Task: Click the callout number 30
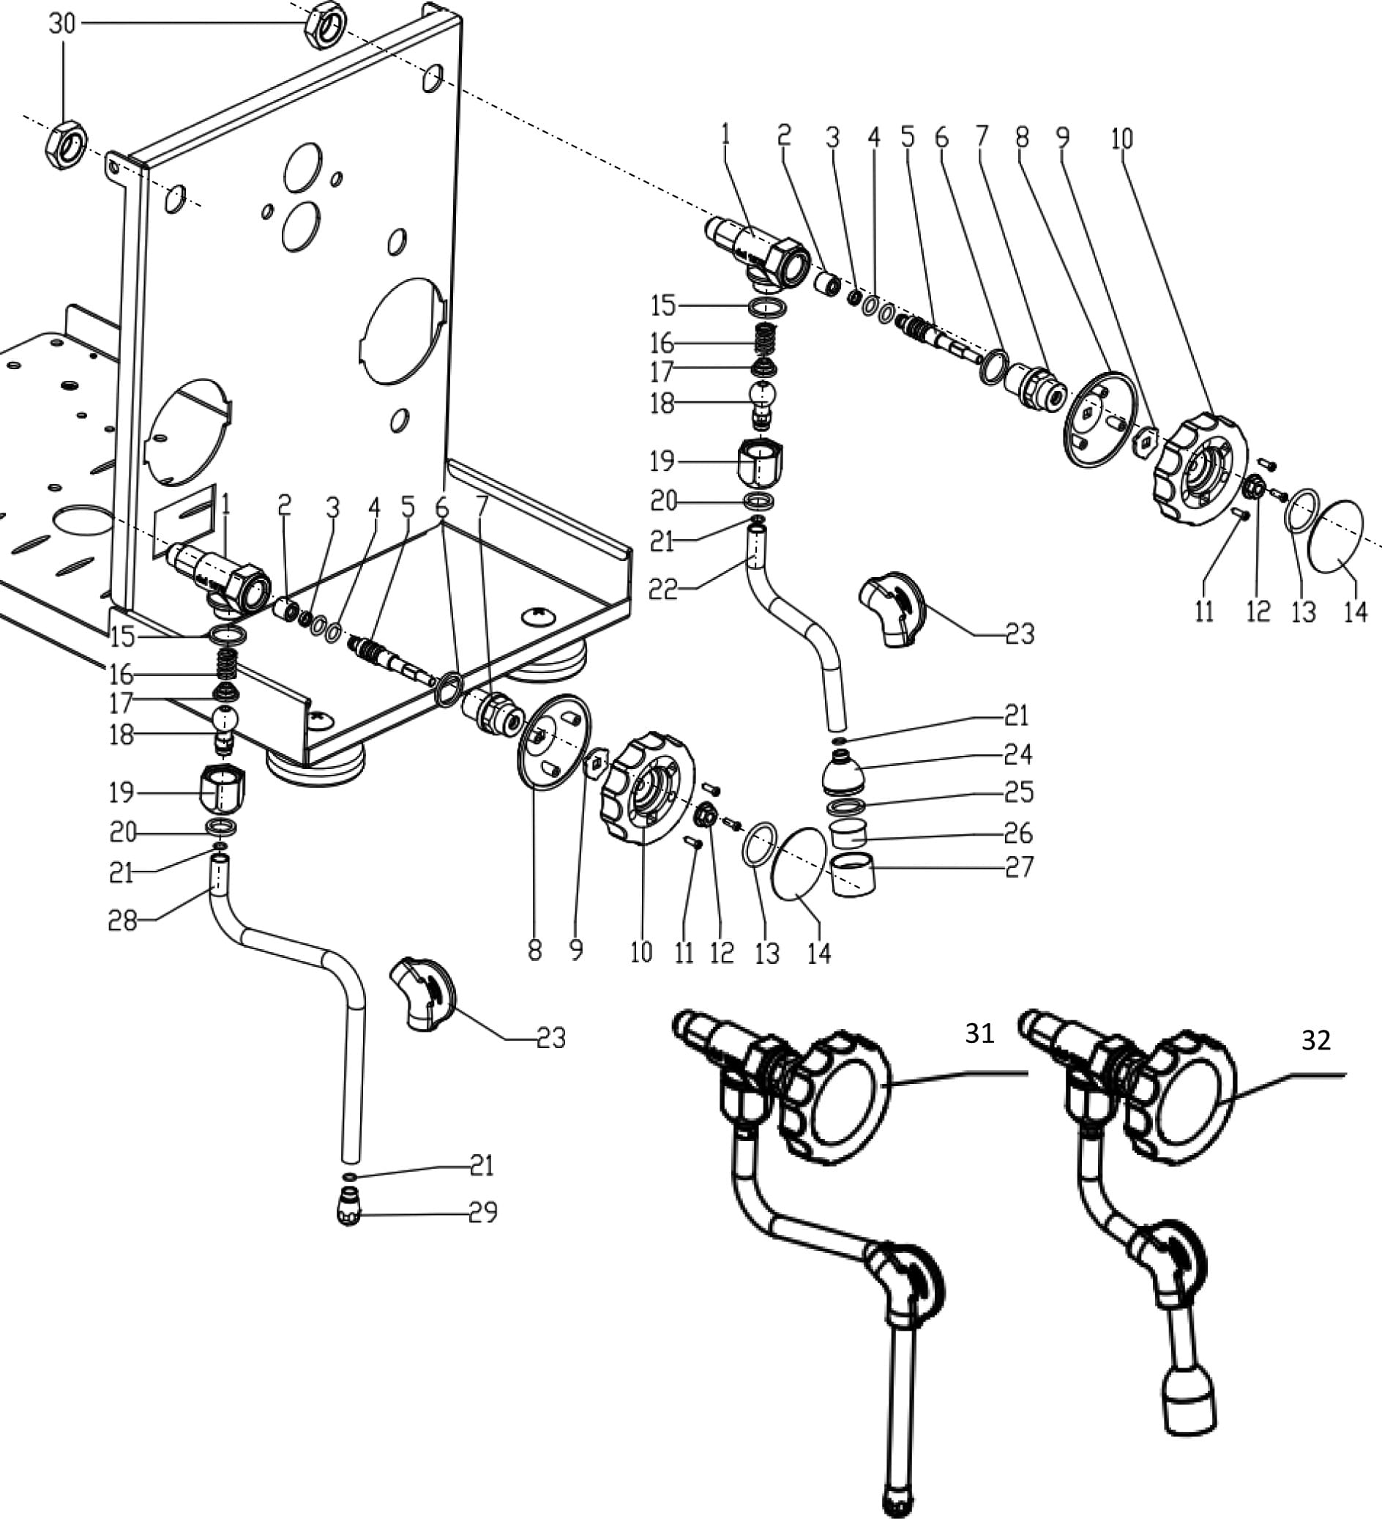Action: [x=62, y=24]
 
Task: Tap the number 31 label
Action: [x=979, y=1033]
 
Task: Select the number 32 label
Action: [x=1315, y=1040]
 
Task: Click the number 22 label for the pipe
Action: [x=662, y=588]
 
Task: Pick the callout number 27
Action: [x=1018, y=867]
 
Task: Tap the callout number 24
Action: [x=1018, y=754]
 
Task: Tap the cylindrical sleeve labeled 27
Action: [x=854, y=874]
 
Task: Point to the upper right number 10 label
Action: [x=1121, y=138]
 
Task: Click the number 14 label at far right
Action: [x=1355, y=612]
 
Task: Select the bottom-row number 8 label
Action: [x=535, y=951]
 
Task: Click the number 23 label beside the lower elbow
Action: [x=550, y=1039]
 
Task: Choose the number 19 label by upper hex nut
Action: [x=662, y=461]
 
